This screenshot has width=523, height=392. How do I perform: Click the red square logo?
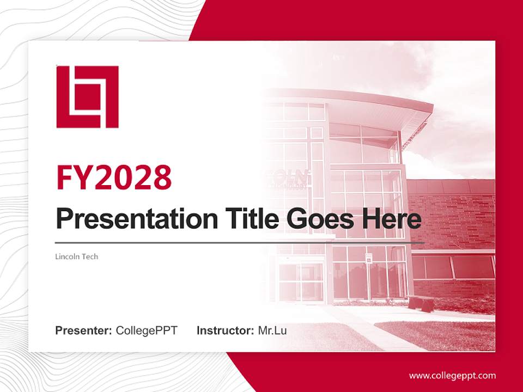[x=87, y=97]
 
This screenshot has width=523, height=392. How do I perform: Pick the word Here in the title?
[x=394, y=219]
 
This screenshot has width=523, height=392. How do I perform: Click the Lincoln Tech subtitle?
[x=77, y=256]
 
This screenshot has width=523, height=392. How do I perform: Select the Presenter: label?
[x=84, y=330]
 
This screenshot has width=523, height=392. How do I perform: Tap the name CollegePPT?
[x=147, y=330]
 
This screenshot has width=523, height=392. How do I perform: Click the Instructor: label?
[x=225, y=330]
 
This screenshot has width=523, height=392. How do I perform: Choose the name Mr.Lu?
[x=272, y=330]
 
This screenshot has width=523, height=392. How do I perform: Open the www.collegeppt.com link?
[x=452, y=376]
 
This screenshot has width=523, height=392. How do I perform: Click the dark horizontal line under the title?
[x=240, y=243]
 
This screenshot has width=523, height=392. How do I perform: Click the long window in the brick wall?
[x=452, y=267]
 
